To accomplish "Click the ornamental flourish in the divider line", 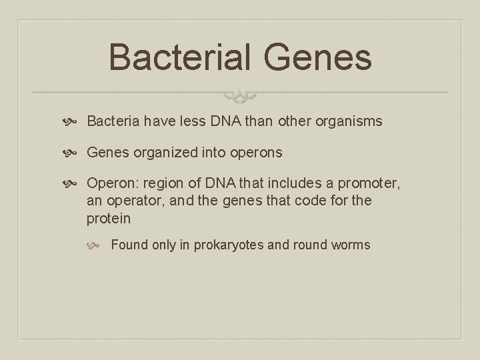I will tap(240, 97).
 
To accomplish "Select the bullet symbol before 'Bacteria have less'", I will tap(75, 122).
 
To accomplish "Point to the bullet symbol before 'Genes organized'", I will tap(75, 153).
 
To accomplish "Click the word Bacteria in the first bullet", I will tap(111, 121).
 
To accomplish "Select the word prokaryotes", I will tap(229, 245).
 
